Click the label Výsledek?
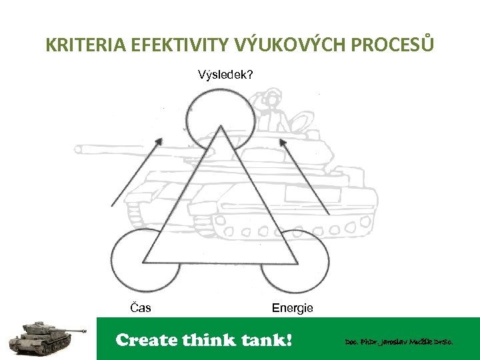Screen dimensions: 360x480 225,74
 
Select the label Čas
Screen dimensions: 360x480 140,307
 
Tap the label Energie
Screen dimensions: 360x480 292,307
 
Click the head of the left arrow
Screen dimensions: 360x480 159,141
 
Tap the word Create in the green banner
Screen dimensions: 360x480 147,340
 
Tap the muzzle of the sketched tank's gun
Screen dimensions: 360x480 79,149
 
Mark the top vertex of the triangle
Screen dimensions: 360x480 221,127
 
